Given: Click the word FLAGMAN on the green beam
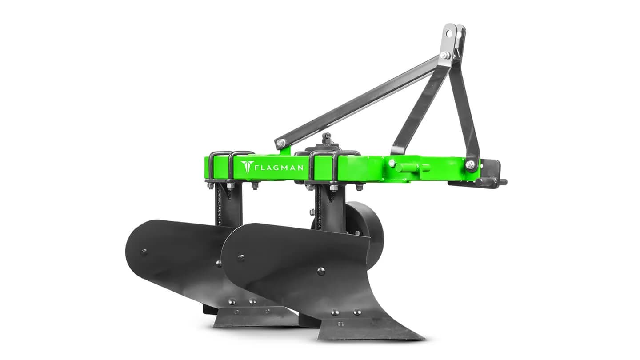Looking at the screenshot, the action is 279,168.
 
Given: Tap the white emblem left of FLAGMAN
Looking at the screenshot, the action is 246,167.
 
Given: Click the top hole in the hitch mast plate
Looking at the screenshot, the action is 450,32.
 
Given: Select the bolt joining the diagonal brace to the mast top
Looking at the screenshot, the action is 444,55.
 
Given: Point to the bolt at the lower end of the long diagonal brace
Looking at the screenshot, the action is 281,142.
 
